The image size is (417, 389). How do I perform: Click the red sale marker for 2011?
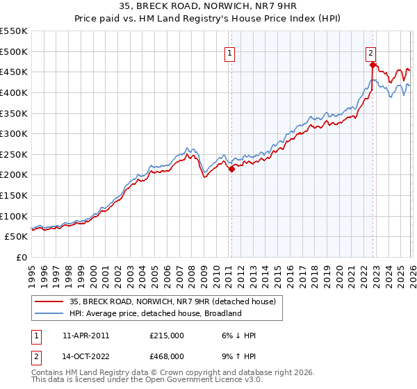coord(231,169)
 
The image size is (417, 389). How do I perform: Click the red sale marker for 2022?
coord(373,65)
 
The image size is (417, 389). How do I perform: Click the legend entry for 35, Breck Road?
coord(173,301)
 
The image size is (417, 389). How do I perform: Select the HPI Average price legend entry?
coord(155,313)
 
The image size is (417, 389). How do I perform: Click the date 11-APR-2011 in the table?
coord(85,336)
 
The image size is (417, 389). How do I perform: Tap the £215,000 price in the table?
coord(167,336)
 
